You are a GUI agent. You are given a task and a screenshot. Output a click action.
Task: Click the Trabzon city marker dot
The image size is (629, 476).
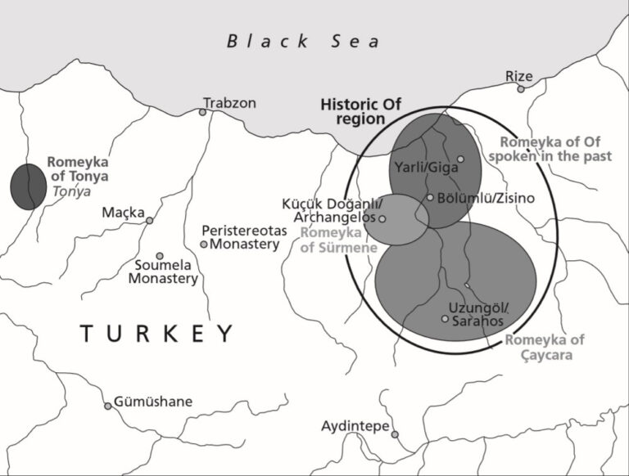click(202, 112)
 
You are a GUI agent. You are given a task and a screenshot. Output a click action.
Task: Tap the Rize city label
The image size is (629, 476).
click(518, 76)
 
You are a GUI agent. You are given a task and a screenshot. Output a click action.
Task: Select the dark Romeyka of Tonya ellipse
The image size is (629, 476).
click(29, 186)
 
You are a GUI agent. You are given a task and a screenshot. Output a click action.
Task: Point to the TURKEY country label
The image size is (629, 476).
click(156, 334)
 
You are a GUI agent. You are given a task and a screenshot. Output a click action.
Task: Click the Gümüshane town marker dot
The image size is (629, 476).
click(107, 406)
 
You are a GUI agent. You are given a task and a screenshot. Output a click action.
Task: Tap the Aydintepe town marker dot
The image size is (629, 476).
click(395, 434)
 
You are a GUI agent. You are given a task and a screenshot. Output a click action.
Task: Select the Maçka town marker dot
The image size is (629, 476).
click(149, 220)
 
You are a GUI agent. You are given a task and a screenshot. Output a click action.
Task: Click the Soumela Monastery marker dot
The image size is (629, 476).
click(160, 256)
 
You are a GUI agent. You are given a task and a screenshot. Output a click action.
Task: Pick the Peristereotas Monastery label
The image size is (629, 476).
click(245, 237)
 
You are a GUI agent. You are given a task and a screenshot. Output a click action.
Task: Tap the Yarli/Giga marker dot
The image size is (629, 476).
click(460, 159)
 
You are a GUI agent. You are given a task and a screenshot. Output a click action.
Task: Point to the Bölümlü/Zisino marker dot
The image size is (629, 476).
click(430, 197)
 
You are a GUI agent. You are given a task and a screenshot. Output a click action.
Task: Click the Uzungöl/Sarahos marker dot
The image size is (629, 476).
click(445, 318)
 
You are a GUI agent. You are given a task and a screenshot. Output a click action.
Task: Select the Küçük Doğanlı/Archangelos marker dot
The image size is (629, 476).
click(382, 218)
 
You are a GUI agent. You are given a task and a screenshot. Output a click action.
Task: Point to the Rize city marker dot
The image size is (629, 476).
click(520, 88)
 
